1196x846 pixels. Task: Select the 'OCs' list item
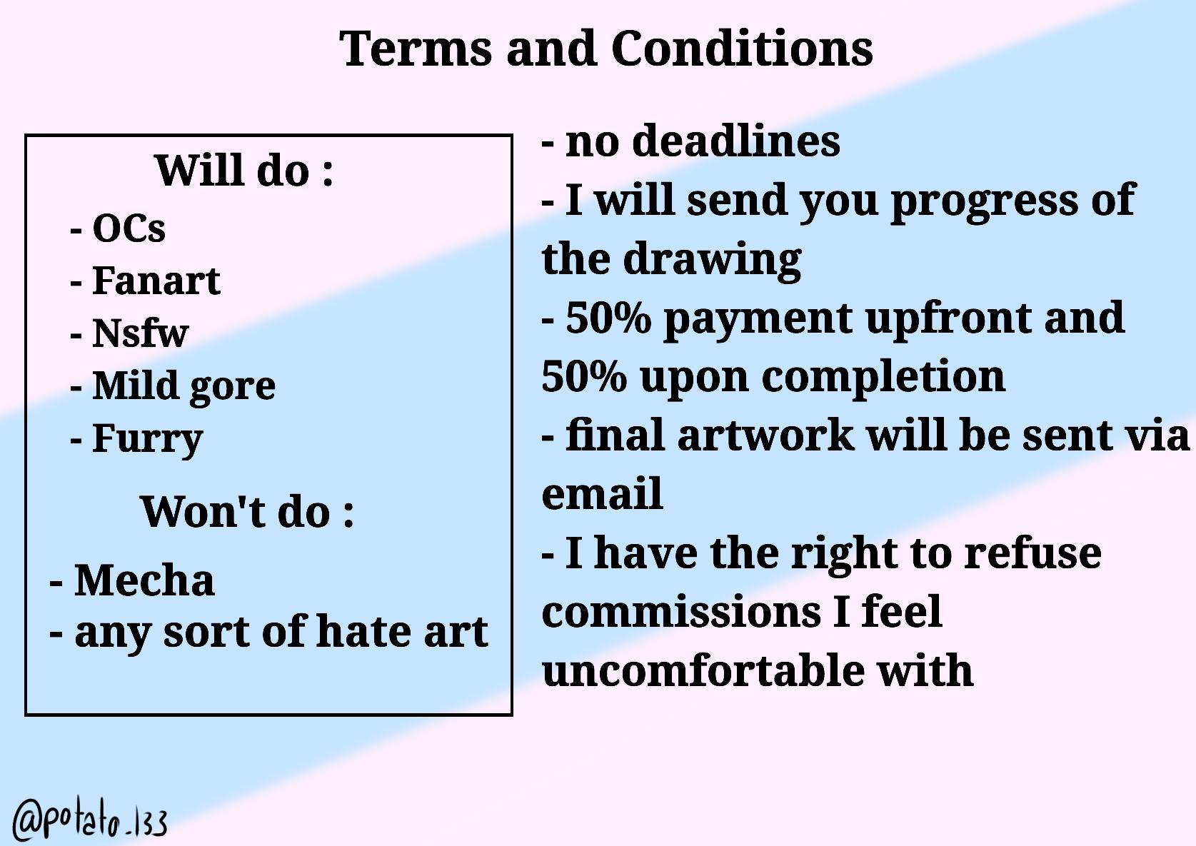click(129, 228)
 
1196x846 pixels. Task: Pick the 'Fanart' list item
click(156, 281)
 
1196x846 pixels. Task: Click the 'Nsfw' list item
click(140, 333)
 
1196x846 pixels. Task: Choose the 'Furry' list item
click(147, 439)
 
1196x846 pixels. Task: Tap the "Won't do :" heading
click(247, 512)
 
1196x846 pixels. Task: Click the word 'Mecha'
click(144, 580)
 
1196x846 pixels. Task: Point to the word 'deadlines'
click(736, 141)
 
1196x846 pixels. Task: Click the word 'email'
click(602, 494)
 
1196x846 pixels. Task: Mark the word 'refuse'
click(1032, 553)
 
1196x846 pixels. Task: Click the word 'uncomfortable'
click(703, 671)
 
